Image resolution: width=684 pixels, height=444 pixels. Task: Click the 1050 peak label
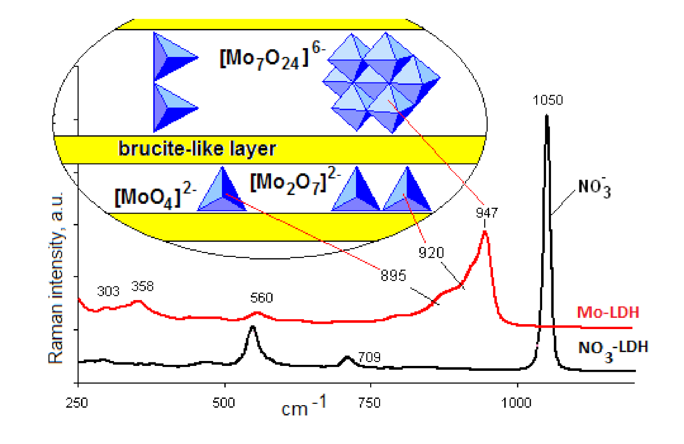(547, 100)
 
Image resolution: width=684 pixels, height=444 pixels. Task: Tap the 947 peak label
(486, 213)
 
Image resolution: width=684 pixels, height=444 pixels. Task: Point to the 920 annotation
(431, 252)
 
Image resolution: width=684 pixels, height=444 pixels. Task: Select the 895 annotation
(393, 276)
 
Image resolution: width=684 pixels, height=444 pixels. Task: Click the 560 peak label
(261, 298)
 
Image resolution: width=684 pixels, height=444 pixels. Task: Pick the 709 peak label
(369, 357)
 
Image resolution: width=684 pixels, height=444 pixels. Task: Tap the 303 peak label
(108, 291)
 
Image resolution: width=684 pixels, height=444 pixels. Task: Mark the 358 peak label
(142, 286)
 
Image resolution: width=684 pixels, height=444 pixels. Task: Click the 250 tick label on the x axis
(77, 403)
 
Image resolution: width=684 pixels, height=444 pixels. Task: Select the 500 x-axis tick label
(223, 403)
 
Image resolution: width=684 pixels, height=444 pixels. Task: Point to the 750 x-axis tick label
(369, 403)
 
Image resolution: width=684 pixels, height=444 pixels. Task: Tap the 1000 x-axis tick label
(516, 403)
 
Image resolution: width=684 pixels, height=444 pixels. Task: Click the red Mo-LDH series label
(608, 312)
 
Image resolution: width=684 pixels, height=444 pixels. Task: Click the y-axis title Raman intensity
(56, 278)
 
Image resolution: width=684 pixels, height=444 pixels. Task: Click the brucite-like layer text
(197, 149)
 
